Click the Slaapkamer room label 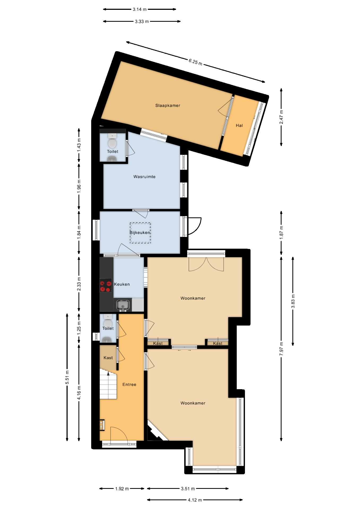(168, 106)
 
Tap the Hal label (239, 125)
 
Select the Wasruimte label (144, 177)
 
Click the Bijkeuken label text (140, 232)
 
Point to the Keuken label (122, 284)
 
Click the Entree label (129, 384)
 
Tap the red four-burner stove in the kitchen (106, 286)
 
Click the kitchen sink (123, 305)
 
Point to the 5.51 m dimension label (67, 377)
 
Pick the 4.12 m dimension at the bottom (195, 500)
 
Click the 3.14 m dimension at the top (139, 10)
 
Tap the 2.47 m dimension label (281, 117)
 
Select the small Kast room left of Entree (108, 358)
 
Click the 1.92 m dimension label (122, 489)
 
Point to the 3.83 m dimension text (293, 301)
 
